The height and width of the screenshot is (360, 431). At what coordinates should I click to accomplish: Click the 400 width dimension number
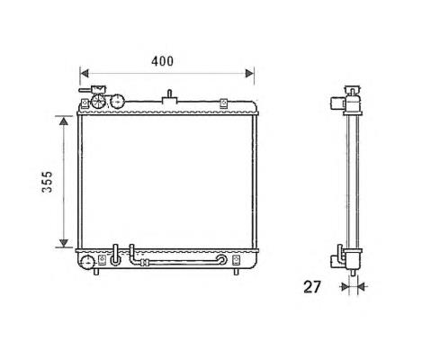[x=162, y=61]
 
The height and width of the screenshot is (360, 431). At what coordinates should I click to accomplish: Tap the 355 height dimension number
[x=47, y=182]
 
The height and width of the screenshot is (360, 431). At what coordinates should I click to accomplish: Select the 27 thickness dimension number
[x=312, y=287]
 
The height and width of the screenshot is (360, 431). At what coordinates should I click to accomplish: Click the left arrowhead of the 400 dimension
[x=85, y=73]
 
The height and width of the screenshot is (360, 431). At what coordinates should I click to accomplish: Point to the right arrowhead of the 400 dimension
[x=249, y=73]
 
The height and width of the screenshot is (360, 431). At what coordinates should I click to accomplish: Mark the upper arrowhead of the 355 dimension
[x=64, y=121]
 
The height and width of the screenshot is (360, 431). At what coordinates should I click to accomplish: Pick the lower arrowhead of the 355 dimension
[x=64, y=243]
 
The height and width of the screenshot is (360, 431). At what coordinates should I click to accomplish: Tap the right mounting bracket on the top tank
[x=223, y=103]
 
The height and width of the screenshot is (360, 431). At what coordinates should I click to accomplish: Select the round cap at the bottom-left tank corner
[x=87, y=263]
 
